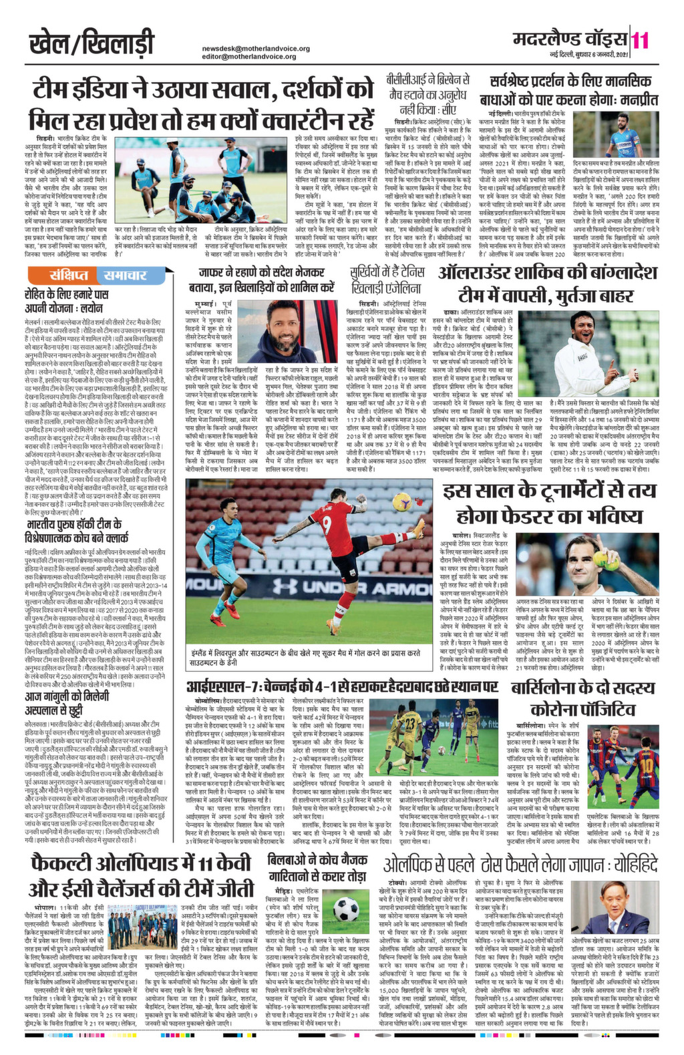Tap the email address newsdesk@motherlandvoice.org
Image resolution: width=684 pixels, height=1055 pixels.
click(x=256, y=49)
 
